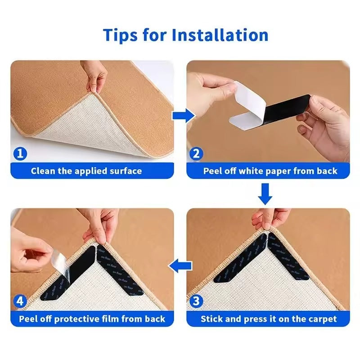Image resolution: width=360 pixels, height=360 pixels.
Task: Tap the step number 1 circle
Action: pos(20,154)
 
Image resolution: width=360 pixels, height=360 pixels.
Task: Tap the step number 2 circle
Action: pos(196,154)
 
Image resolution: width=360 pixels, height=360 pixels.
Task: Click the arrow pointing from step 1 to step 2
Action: pos(183,116)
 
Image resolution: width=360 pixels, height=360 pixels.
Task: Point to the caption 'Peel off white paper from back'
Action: pos(270,171)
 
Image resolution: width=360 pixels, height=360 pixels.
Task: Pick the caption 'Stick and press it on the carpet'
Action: pos(269,319)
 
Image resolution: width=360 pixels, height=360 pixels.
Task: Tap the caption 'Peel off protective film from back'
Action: pos(92,319)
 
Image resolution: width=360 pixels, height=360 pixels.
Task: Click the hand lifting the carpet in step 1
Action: pos(97,76)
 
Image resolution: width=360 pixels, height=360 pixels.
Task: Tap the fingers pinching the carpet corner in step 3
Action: pos(270,218)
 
